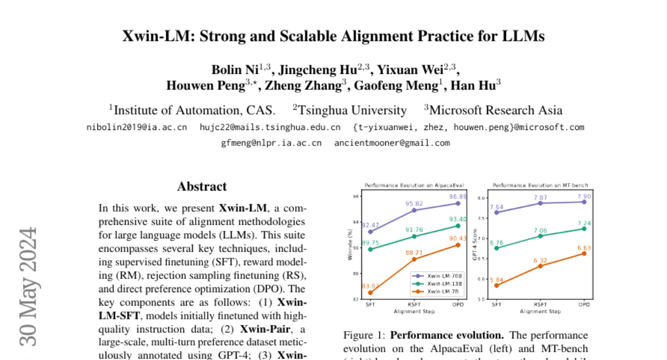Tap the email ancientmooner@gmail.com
(392, 143)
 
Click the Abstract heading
(202, 187)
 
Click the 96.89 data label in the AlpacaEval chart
(458, 197)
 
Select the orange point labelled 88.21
(414, 259)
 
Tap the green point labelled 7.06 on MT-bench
(540, 236)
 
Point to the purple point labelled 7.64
(496, 212)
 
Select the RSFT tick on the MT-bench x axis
(540, 304)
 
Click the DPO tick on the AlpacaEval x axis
(458, 304)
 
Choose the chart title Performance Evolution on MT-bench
(540, 185)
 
